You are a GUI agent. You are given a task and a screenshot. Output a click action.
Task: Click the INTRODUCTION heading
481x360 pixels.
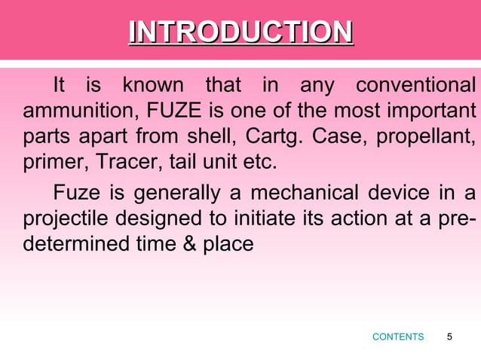click(240, 32)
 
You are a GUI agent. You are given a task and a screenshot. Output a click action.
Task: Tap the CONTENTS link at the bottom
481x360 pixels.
click(398, 337)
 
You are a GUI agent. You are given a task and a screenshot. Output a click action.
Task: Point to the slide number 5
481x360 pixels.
click(450, 337)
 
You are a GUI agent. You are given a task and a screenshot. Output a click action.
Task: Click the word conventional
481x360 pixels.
click(415, 86)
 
